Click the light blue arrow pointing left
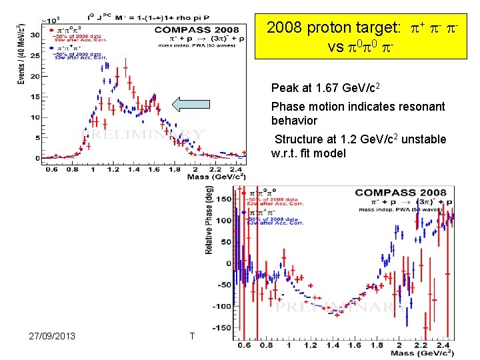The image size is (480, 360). (195, 104)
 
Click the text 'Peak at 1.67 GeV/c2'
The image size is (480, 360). (321, 88)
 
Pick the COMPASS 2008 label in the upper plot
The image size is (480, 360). (197, 29)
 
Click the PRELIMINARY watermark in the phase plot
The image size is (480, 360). (343, 306)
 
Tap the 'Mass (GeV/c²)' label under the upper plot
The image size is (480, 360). (219, 176)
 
